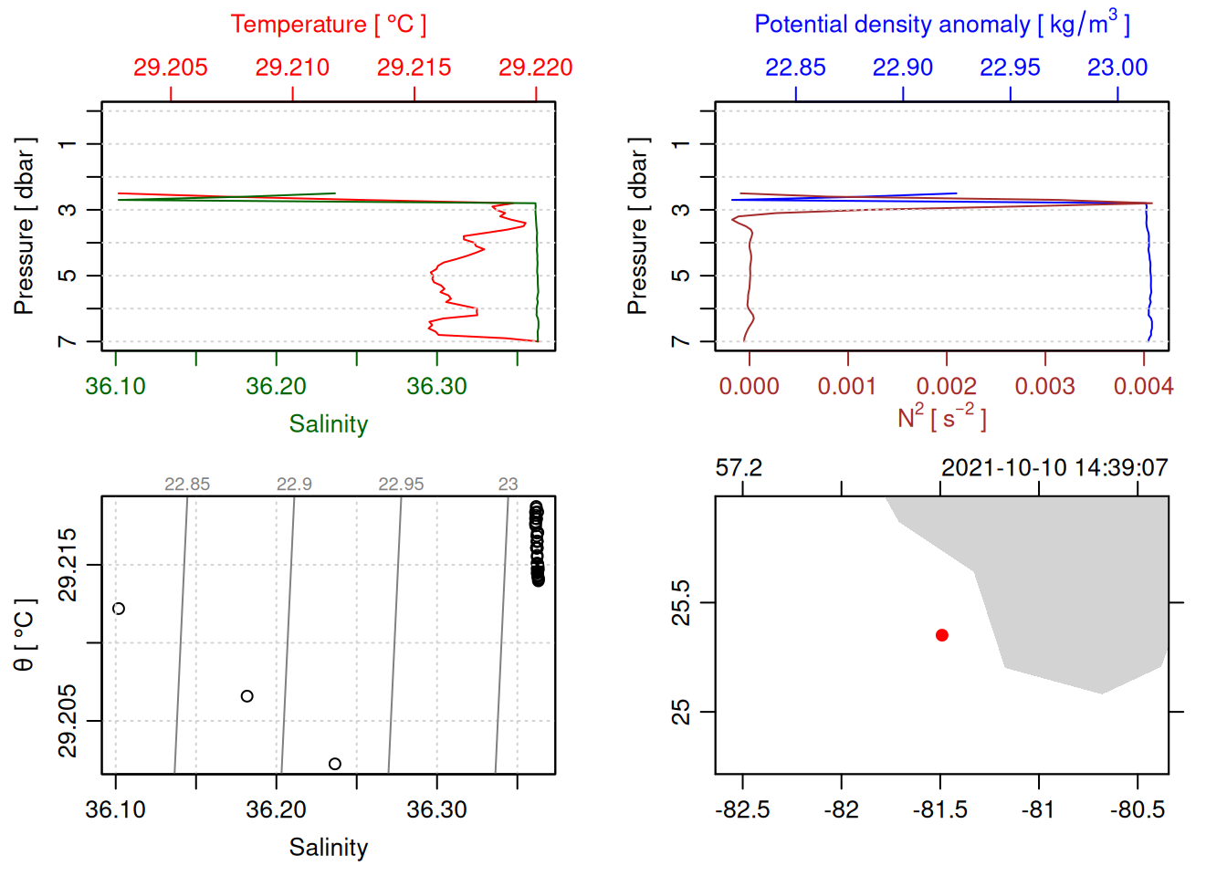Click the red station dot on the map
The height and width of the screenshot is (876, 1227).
click(941, 635)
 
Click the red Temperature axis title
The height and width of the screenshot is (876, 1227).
click(328, 25)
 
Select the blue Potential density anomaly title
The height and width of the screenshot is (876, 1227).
click(941, 25)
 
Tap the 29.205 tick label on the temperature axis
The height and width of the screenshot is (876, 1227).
click(171, 68)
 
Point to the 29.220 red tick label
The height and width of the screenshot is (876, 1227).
click(536, 68)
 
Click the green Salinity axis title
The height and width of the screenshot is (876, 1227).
click(328, 424)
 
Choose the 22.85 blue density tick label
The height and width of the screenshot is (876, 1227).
click(795, 68)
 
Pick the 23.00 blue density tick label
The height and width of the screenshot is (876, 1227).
click(1117, 68)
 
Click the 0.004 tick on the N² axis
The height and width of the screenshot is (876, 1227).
click(1143, 386)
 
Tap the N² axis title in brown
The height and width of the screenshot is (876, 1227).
click(941, 417)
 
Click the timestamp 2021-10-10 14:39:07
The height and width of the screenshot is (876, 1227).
click(1054, 468)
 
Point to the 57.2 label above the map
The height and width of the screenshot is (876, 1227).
click(739, 468)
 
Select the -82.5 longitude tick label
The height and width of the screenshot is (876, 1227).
click(742, 809)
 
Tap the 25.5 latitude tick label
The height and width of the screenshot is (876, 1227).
click(681, 602)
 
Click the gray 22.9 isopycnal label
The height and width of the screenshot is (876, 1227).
click(294, 485)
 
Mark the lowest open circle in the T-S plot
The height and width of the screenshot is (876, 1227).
click(335, 764)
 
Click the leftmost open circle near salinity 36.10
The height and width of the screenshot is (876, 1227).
click(119, 609)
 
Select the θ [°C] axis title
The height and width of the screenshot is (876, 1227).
click(25, 635)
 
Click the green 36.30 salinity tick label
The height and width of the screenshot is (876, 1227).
click(436, 386)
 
